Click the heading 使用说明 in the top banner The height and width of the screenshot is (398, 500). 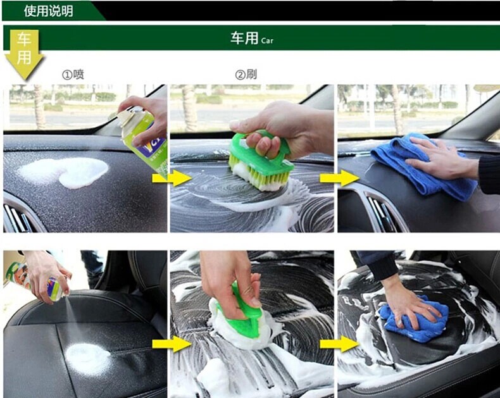tap(49, 11)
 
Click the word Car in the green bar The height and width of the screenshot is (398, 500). tap(267, 40)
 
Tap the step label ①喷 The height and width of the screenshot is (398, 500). tap(73, 75)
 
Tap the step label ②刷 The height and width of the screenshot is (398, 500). tap(246, 75)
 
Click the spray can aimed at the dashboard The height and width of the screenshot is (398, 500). tap(143, 137)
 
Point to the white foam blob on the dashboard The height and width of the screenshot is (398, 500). tap(64, 172)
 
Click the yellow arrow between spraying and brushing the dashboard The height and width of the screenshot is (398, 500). tap(172, 178)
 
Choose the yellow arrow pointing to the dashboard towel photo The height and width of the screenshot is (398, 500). tap(339, 178)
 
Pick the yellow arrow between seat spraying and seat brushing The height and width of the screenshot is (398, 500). tap(172, 344)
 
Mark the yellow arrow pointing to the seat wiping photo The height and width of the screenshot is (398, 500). tap(339, 344)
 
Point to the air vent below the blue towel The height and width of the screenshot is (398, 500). tap(383, 212)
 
